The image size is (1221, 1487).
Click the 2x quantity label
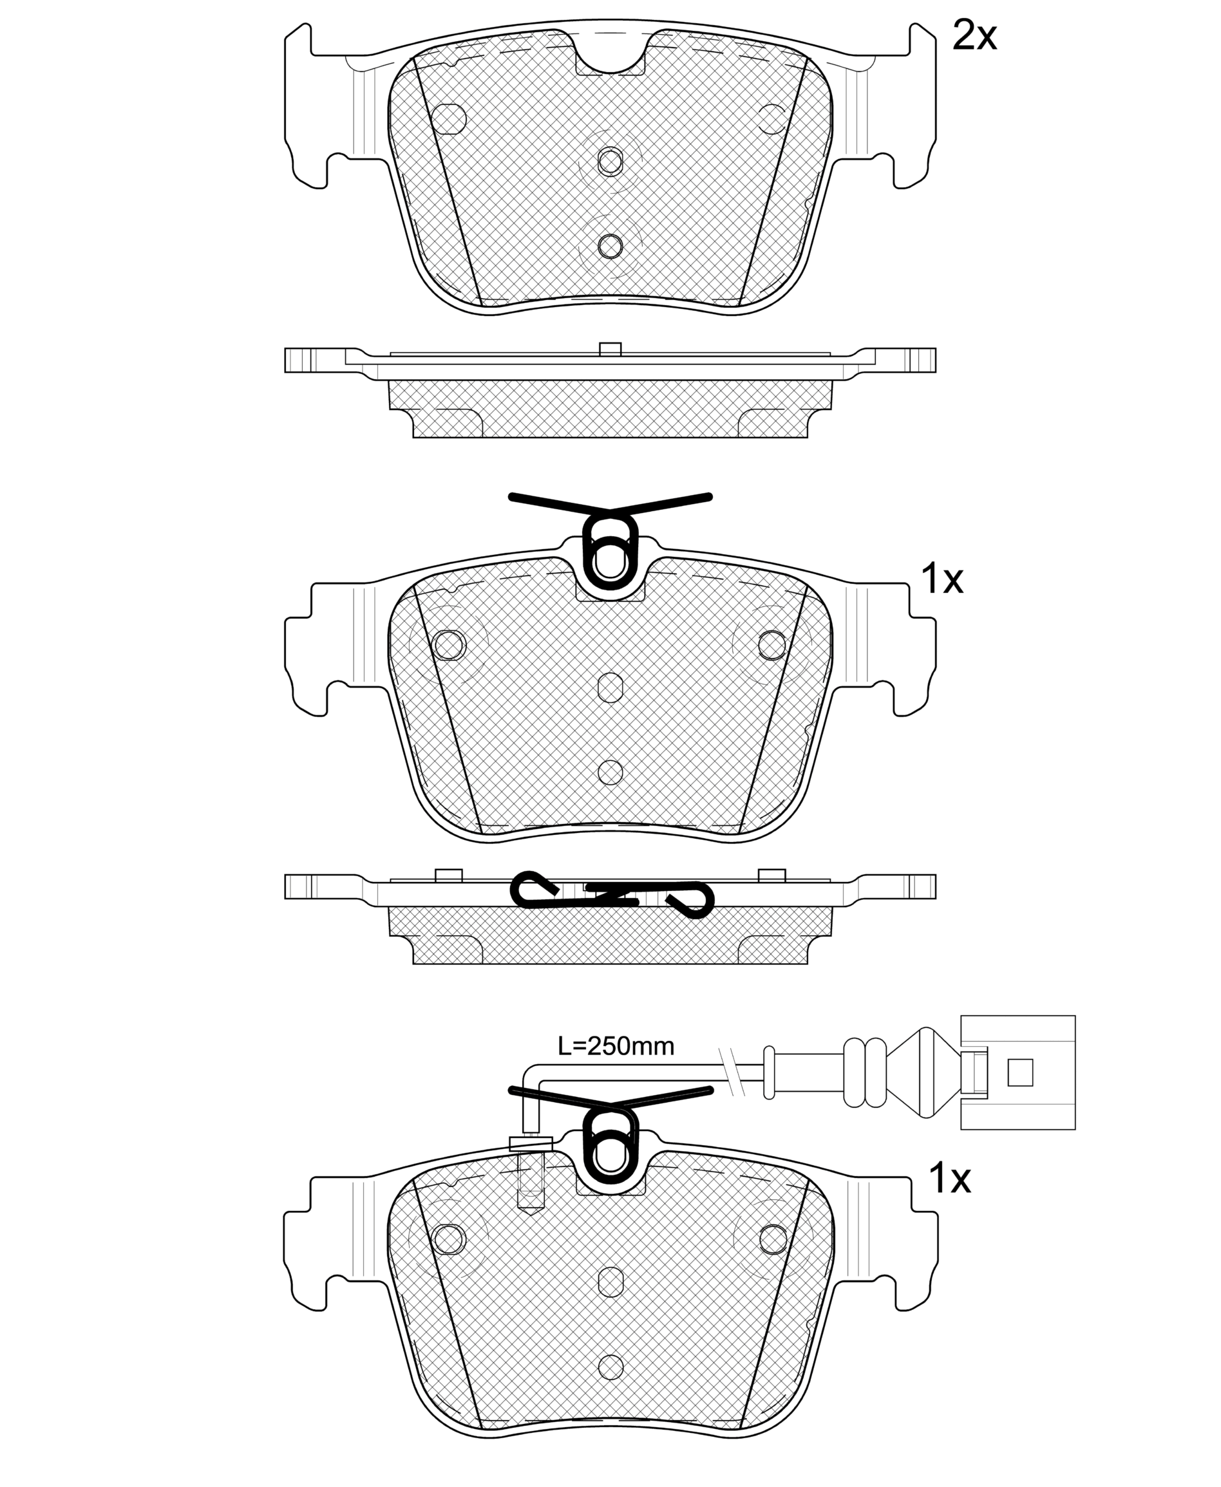pos(974,35)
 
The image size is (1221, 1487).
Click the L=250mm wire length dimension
pos(616,1046)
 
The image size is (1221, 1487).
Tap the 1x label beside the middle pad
pos(942,579)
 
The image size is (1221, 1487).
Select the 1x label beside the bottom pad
pos(949,1179)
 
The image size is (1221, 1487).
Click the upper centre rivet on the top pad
pos(610,162)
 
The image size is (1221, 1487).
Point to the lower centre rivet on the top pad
pos(610,246)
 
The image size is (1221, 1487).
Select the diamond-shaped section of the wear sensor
pos(923,1072)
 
